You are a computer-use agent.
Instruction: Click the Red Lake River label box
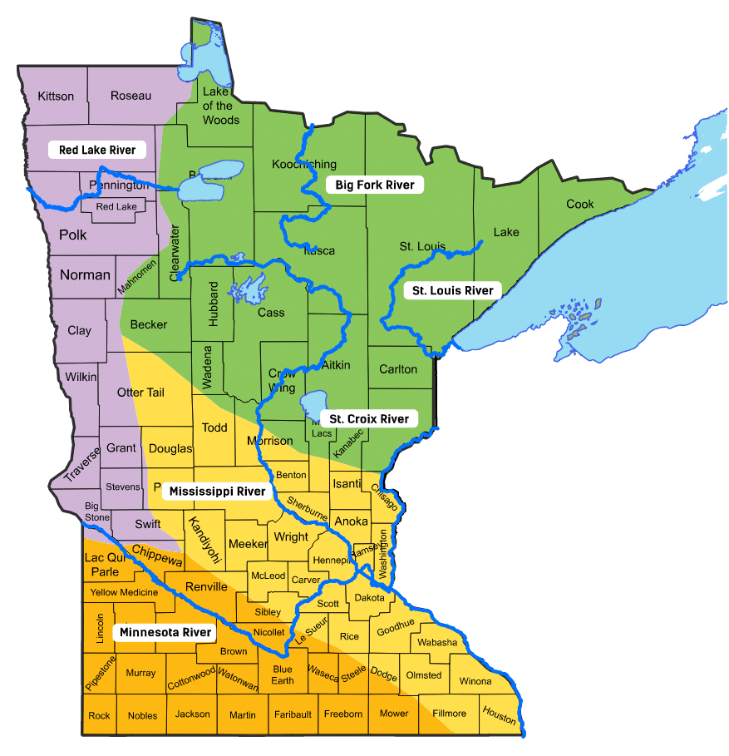click(97, 150)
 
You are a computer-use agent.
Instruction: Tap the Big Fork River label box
click(374, 185)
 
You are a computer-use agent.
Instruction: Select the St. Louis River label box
click(453, 290)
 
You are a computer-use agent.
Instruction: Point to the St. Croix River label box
click(369, 419)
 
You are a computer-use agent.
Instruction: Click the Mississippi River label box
click(217, 492)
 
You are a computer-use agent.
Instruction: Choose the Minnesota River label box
click(165, 633)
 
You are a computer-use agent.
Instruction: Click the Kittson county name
click(56, 96)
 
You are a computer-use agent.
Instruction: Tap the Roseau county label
click(131, 96)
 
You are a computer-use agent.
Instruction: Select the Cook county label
click(580, 204)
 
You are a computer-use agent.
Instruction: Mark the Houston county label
click(499, 714)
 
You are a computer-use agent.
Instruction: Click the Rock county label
click(99, 715)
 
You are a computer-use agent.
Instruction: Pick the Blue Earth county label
click(283, 674)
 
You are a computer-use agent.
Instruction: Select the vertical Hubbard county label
click(214, 304)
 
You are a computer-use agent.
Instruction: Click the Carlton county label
click(398, 369)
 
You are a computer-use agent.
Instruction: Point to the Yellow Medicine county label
click(124, 592)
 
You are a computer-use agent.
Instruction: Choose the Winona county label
click(475, 681)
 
